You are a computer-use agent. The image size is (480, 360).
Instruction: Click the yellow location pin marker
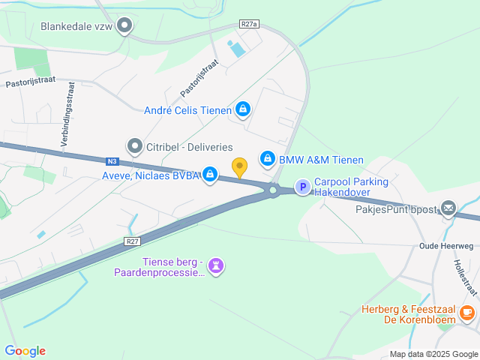pyautogui.click(x=240, y=168)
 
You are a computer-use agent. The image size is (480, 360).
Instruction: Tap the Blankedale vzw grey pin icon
pyautogui.click(x=126, y=26)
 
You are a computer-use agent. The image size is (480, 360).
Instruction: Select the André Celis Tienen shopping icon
pyautogui.click(x=242, y=110)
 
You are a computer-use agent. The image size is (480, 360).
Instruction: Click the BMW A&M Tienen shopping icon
pyautogui.click(x=267, y=159)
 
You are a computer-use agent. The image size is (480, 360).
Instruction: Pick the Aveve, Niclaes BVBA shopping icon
pyautogui.click(x=210, y=175)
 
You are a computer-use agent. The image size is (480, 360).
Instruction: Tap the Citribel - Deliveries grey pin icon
pyautogui.click(x=134, y=145)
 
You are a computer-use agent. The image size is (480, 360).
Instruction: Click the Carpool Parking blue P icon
pyautogui.click(x=301, y=187)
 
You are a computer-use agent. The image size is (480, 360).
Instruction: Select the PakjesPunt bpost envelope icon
pyautogui.click(x=448, y=208)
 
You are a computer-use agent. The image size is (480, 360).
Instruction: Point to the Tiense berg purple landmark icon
pyautogui.click(x=216, y=265)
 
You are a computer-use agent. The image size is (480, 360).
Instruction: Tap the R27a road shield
pyautogui.click(x=249, y=24)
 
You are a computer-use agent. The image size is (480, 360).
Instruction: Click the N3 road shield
pyautogui.click(x=112, y=160)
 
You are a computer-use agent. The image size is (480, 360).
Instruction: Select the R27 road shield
pyautogui.click(x=132, y=241)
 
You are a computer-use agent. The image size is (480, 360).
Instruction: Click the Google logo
pyautogui.click(x=25, y=350)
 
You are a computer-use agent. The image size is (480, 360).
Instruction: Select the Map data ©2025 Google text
pyautogui.click(x=433, y=354)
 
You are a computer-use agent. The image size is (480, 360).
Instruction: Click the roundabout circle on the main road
pyautogui.click(x=272, y=190)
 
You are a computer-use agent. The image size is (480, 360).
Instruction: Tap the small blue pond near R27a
pyautogui.click(x=236, y=50)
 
